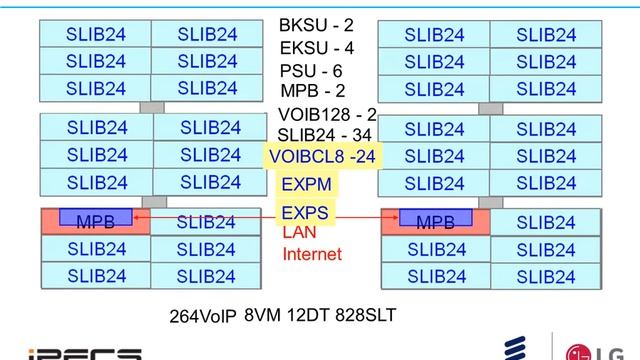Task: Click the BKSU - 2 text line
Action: [316, 25]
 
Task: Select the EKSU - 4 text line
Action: [316, 48]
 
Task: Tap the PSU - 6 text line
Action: [311, 71]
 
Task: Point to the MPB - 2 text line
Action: [313, 91]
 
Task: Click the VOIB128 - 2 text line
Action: [327, 115]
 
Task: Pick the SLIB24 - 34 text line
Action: [324, 135]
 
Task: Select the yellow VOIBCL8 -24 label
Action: [322, 156]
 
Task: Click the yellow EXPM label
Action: [307, 184]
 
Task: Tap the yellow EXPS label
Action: [305, 213]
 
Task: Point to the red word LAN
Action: [299, 232]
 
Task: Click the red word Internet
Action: [312, 254]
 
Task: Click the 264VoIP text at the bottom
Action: [203, 316]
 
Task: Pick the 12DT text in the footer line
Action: [308, 315]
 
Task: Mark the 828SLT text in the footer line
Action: [365, 315]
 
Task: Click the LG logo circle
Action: [578, 353]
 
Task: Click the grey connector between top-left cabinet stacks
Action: [152, 108]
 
